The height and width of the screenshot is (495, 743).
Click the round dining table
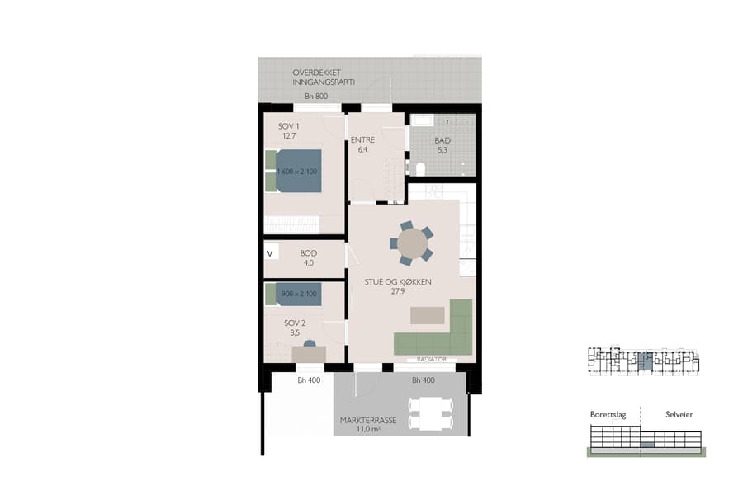click(411, 243)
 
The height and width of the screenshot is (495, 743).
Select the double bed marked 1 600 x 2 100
click(298, 171)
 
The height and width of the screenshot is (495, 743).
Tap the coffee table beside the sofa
click(428, 315)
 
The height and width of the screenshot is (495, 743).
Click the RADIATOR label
click(431, 360)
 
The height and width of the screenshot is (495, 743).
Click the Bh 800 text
click(316, 97)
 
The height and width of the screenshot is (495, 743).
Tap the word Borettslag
click(609, 414)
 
